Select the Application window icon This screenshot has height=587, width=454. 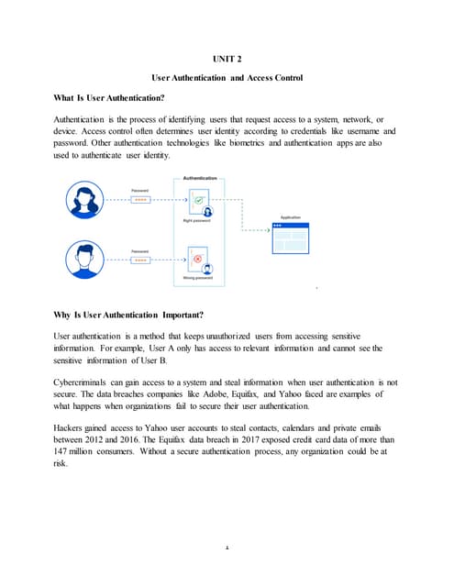click(x=289, y=236)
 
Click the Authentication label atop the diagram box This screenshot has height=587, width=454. click(x=201, y=178)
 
